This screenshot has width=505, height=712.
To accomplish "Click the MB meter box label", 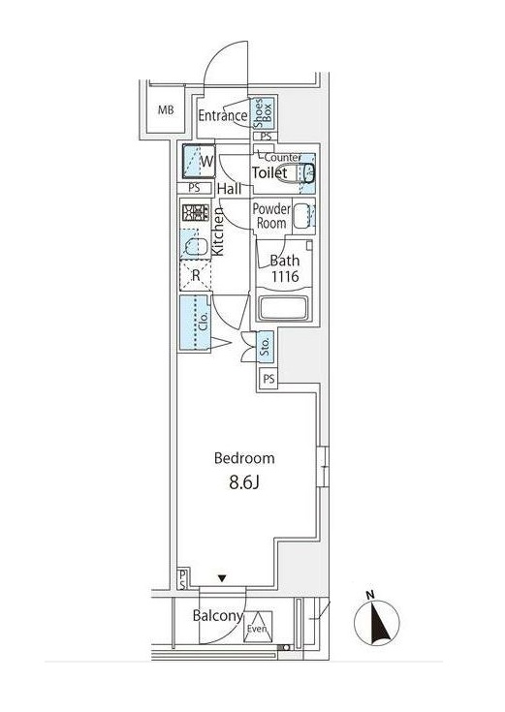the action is [x=166, y=109].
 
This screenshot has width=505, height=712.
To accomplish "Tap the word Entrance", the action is [x=223, y=115].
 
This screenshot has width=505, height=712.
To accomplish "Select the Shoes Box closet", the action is [x=264, y=113].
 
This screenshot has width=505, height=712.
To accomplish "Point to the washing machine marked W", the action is [x=199, y=161].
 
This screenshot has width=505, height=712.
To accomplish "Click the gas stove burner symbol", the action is [x=196, y=212].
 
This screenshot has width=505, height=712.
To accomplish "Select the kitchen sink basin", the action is [x=196, y=246].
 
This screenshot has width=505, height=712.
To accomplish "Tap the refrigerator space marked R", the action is [x=196, y=275].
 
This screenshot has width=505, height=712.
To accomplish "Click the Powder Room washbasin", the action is [x=302, y=216].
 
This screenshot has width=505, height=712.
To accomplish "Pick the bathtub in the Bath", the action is [x=283, y=308].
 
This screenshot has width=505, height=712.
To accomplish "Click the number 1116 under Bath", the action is [x=285, y=276].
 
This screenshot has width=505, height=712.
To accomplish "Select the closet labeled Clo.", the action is [x=195, y=323].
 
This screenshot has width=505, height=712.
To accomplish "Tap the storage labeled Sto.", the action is [x=265, y=347].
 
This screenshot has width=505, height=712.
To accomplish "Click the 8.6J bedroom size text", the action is [x=244, y=482].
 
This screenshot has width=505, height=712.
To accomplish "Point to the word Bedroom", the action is [x=244, y=458].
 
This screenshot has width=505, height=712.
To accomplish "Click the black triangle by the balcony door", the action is [x=222, y=578].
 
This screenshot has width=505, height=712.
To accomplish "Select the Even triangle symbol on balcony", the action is [x=258, y=627].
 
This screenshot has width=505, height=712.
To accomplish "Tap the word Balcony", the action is [x=218, y=616].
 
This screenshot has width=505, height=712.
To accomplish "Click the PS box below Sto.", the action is [x=269, y=379].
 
